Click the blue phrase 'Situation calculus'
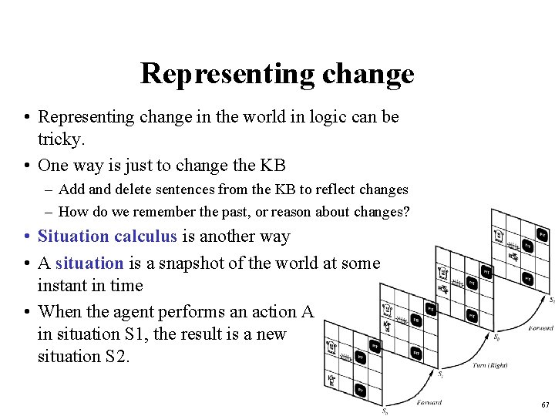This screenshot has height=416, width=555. [107, 237]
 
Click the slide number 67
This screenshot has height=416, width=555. [545, 404]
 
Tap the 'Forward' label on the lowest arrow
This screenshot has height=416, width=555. [429, 401]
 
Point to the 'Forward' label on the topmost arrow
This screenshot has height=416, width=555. [541, 328]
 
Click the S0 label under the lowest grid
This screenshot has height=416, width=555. [385, 411]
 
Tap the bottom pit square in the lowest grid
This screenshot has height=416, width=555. [360, 390]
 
